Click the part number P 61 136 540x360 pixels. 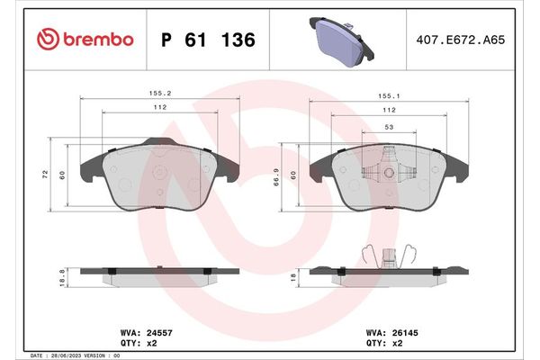click(x=208, y=40)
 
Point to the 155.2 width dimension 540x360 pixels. click(x=161, y=91)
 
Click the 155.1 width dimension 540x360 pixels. click(x=388, y=91)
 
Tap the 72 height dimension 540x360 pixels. click(x=46, y=174)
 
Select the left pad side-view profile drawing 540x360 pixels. click(x=160, y=274)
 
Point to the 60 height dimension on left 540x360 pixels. click(x=62, y=174)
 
